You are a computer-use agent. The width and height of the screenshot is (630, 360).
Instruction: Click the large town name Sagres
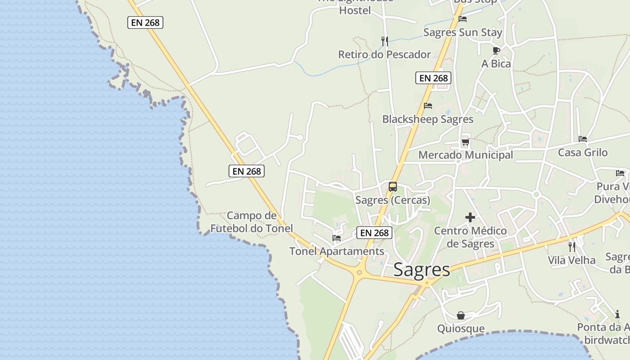[x=422, y=270]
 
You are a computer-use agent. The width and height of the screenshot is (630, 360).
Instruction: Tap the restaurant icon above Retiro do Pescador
[x=385, y=41]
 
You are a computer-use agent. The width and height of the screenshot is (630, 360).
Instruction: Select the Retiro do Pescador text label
[x=385, y=55]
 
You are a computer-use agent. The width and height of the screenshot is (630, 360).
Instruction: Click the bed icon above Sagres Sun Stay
[x=463, y=19]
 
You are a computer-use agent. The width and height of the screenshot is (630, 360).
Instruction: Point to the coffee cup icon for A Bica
[x=496, y=50]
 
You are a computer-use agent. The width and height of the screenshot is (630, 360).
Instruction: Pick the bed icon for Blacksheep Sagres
[x=428, y=106]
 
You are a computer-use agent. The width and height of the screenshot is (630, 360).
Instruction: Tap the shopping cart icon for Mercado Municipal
[x=465, y=142]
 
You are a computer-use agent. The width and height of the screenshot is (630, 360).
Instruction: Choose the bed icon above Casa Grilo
[x=583, y=139]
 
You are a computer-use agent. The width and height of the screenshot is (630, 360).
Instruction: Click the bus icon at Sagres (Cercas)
[x=393, y=187]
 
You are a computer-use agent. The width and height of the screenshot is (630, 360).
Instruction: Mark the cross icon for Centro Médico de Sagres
[x=470, y=218]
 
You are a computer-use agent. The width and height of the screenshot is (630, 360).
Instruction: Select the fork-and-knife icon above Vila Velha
[x=571, y=247]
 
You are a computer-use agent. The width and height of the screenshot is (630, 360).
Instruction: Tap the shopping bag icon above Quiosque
[x=461, y=315]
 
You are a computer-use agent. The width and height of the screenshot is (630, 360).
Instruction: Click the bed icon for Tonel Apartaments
[x=337, y=238]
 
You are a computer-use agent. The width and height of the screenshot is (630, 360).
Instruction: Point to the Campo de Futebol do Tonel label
[x=252, y=222]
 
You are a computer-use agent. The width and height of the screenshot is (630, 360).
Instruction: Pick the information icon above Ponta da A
[x=617, y=314]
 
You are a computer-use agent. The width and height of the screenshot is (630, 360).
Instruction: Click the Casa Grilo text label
[x=583, y=153]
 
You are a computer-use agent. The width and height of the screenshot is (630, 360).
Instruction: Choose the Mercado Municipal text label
[x=466, y=155]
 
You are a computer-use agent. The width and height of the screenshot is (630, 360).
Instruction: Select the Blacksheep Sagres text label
[x=428, y=119]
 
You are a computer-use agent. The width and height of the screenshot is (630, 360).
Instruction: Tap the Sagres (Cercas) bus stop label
[x=393, y=200]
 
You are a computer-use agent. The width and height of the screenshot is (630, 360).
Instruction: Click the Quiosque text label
[x=461, y=328]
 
